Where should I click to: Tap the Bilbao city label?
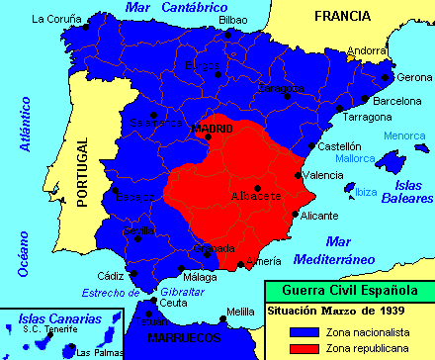233,19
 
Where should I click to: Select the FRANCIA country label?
341,17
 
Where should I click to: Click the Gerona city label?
413,76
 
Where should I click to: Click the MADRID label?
212,129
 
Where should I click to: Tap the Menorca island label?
402,135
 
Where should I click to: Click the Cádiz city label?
112,275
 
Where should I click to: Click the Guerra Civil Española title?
349,290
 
